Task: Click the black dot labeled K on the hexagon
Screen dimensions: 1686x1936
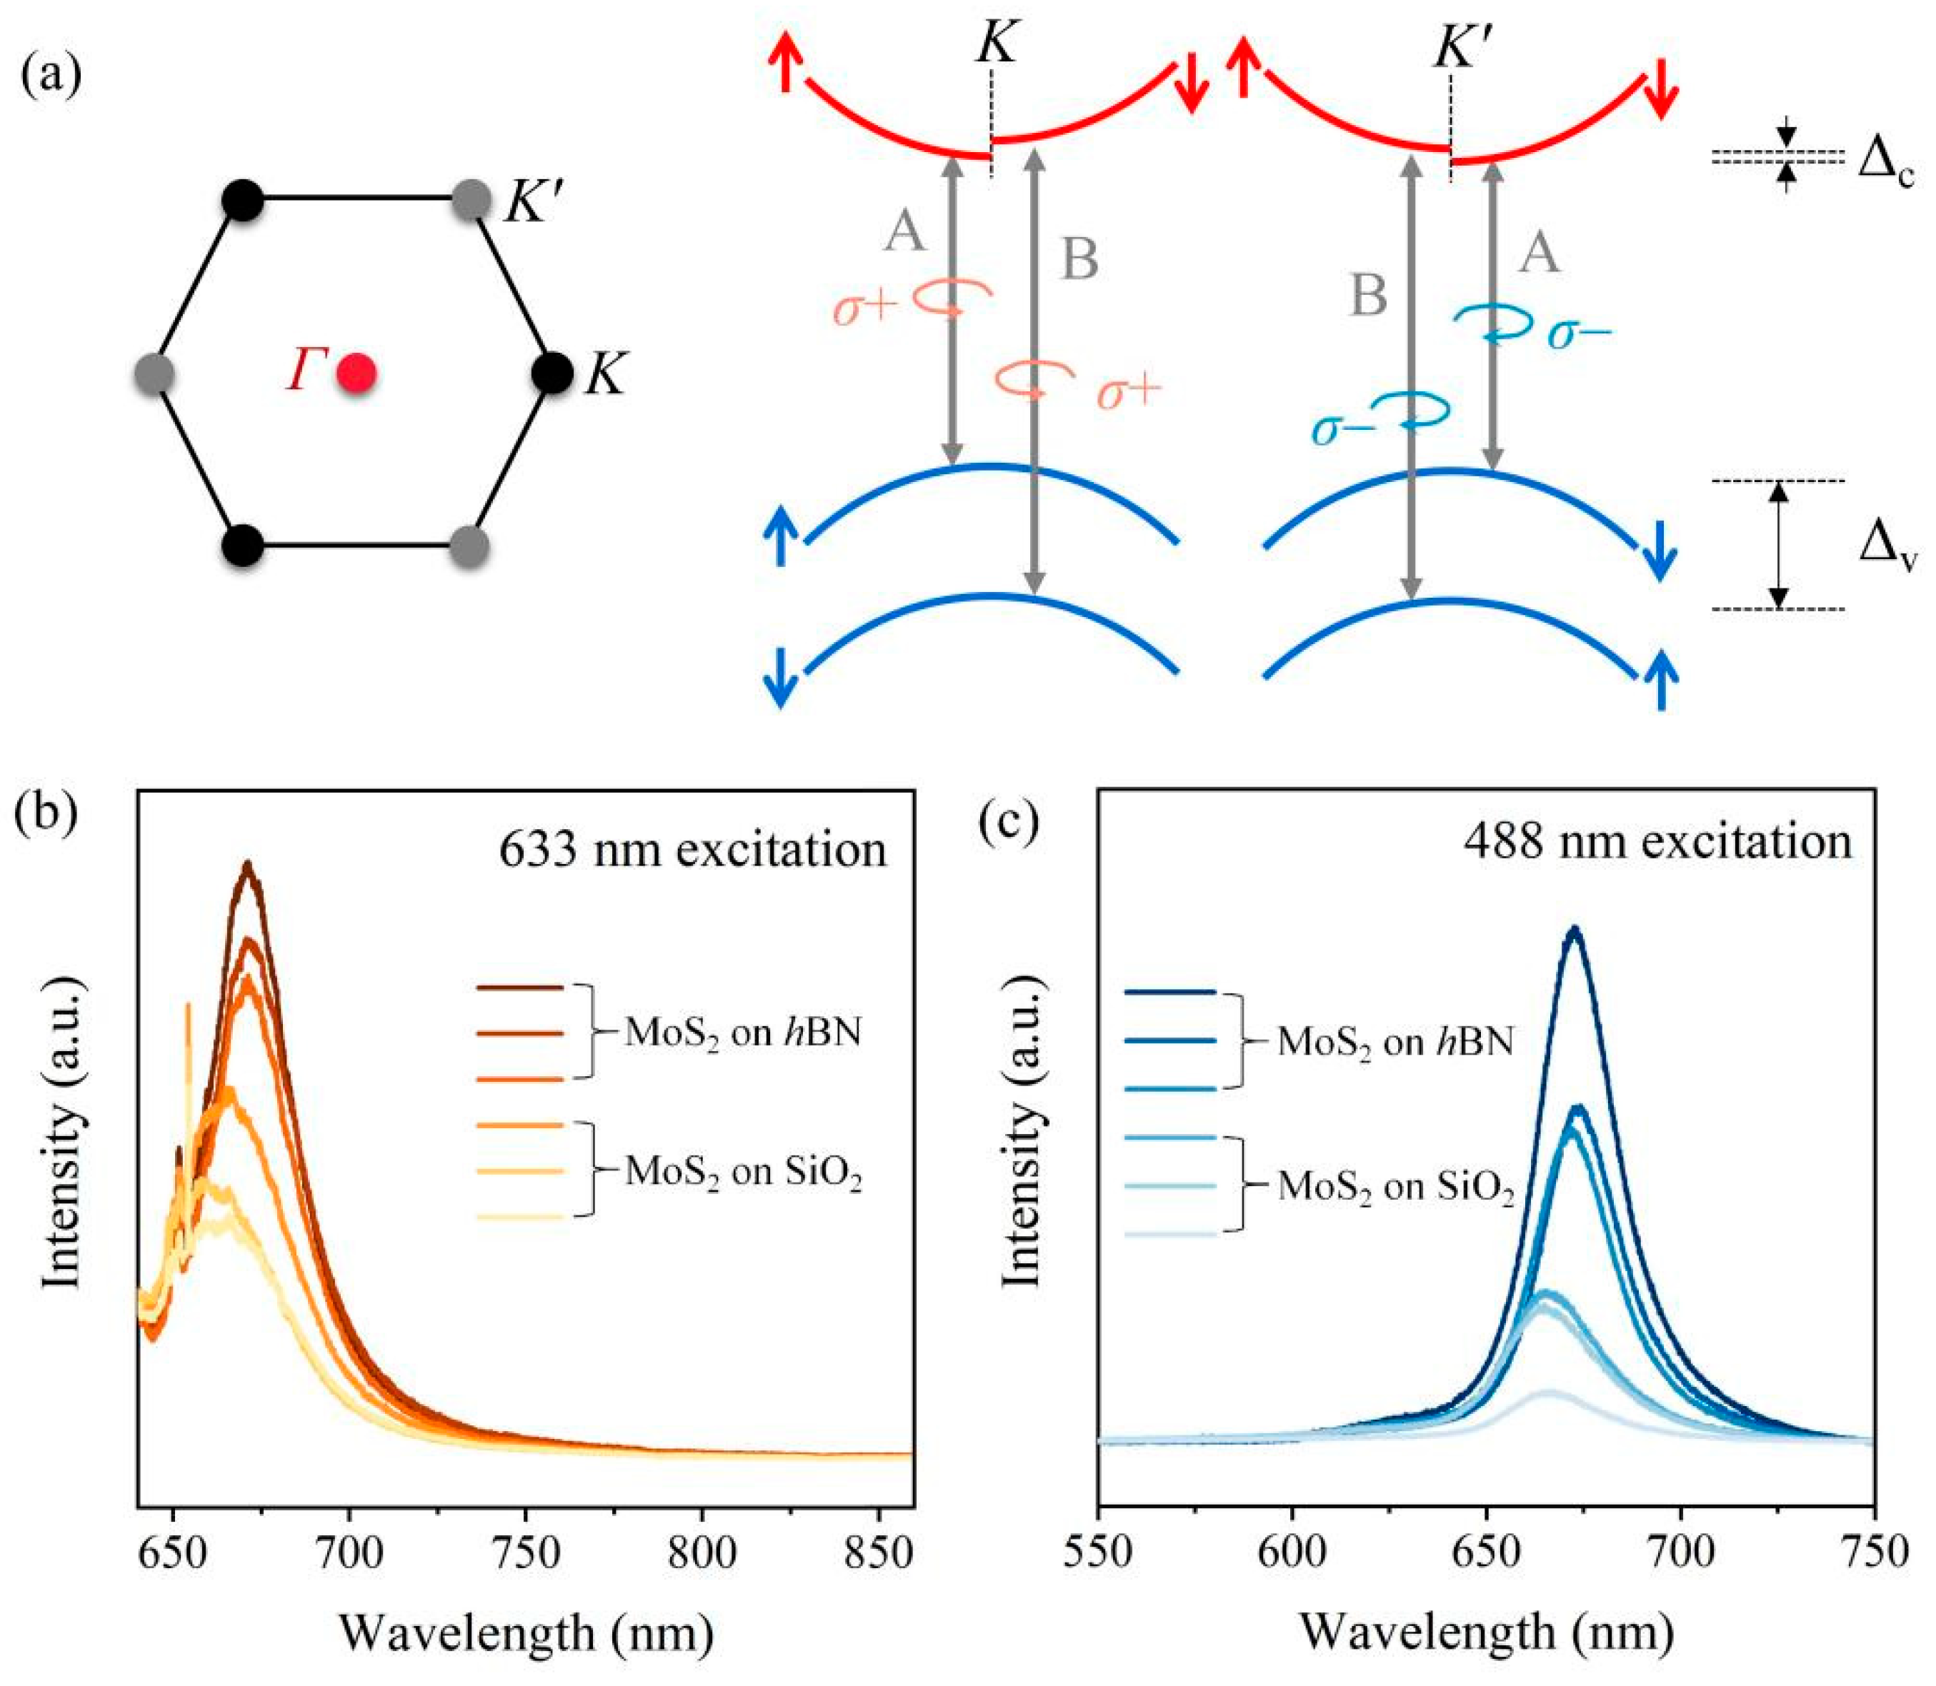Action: click(552, 373)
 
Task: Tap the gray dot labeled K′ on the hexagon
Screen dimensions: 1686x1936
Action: click(471, 201)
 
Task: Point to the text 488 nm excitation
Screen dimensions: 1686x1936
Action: click(1657, 841)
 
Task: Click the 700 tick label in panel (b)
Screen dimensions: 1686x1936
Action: click(349, 1553)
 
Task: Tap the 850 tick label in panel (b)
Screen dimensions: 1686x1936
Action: click(877, 1553)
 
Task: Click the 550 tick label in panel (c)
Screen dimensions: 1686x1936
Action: click(1099, 1553)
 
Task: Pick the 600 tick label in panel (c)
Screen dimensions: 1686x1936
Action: click(1292, 1553)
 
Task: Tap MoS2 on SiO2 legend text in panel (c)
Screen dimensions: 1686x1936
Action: click(1394, 1188)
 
